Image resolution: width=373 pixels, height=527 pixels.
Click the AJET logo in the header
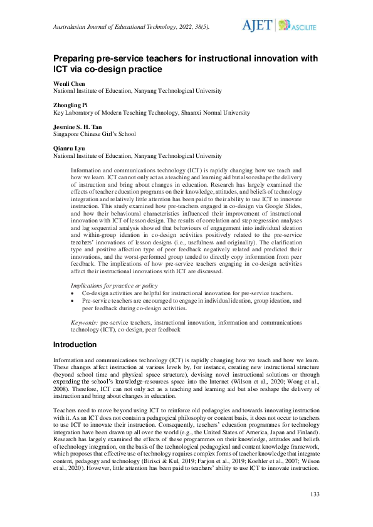pos(257,25)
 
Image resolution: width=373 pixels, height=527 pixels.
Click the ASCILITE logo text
pos(303,28)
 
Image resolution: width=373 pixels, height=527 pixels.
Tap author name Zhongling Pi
pos(74,106)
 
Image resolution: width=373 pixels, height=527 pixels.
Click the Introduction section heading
pos(75,345)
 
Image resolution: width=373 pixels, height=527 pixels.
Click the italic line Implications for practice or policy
pos(110,285)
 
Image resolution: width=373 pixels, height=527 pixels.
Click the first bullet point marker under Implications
pos(75,293)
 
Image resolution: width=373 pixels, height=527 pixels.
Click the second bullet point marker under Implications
pos(75,300)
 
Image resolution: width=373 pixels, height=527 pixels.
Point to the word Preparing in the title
pos(75,58)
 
